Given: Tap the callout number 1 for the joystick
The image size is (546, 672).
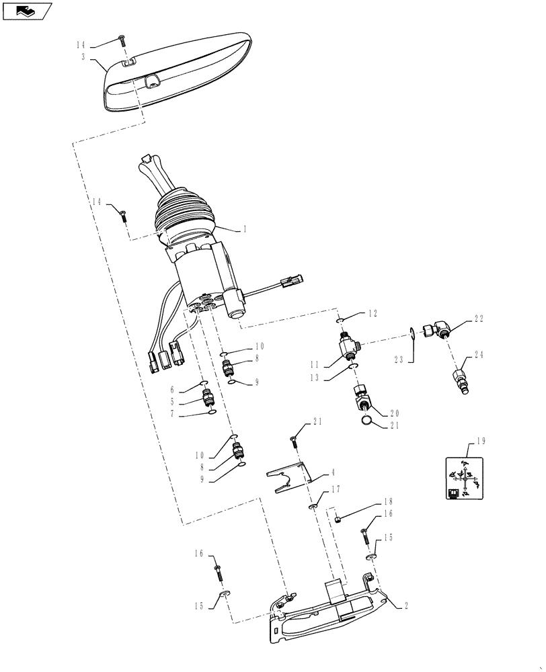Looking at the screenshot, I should click(x=244, y=229).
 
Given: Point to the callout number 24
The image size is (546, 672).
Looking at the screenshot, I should click(x=479, y=354).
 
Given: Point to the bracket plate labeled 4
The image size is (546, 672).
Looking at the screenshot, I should click(x=289, y=478).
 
